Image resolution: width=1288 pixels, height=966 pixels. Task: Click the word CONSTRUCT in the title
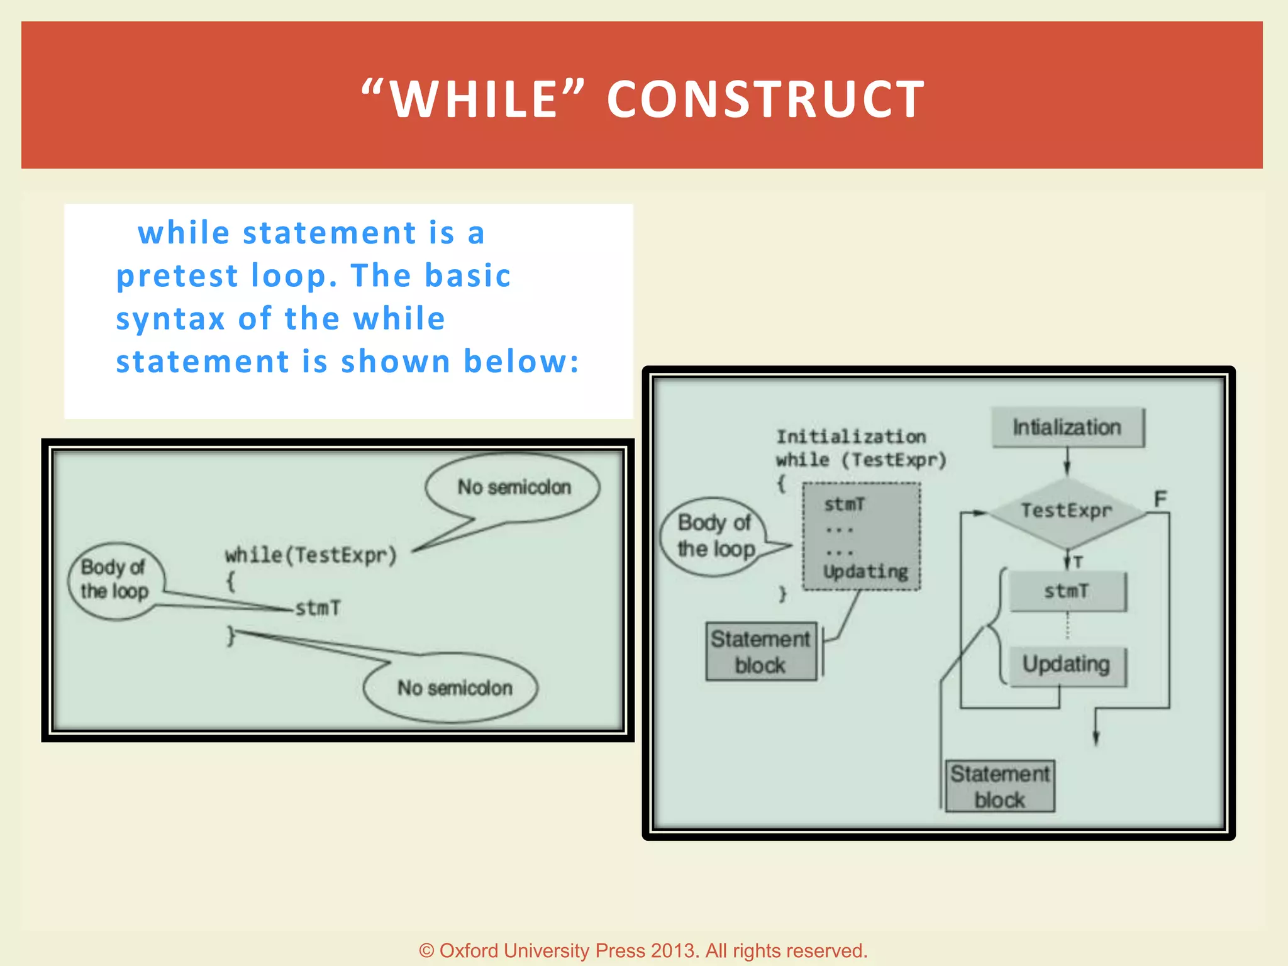pyautogui.click(x=765, y=99)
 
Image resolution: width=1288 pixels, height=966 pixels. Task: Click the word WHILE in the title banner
pyautogui.click(x=474, y=99)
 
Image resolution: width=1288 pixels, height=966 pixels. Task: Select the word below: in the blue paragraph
pyautogui.click(x=521, y=362)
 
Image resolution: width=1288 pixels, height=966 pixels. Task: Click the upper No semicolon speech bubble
pyautogui.click(x=513, y=487)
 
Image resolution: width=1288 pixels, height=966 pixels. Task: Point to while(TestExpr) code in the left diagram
pyautogui.click(x=311, y=555)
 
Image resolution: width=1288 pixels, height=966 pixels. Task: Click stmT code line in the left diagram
pyautogui.click(x=318, y=608)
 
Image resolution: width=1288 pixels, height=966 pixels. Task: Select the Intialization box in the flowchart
pyautogui.click(x=1067, y=428)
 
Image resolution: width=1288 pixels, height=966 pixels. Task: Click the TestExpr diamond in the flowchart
pyautogui.click(x=1067, y=511)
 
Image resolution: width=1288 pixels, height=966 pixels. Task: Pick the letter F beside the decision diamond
pyautogui.click(x=1160, y=499)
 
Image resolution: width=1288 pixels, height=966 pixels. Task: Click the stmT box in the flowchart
pyautogui.click(x=1067, y=591)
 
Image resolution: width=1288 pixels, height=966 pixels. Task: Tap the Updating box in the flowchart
pyautogui.click(x=1067, y=665)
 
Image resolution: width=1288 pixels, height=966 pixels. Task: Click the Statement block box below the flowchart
pyautogui.click(x=1000, y=787)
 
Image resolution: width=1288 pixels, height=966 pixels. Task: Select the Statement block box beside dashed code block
pyautogui.click(x=760, y=652)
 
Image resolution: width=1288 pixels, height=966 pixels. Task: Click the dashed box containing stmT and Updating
pyautogui.click(x=862, y=536)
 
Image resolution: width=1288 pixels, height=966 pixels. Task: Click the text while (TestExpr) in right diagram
pyautogui.click(x=860, y=460)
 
